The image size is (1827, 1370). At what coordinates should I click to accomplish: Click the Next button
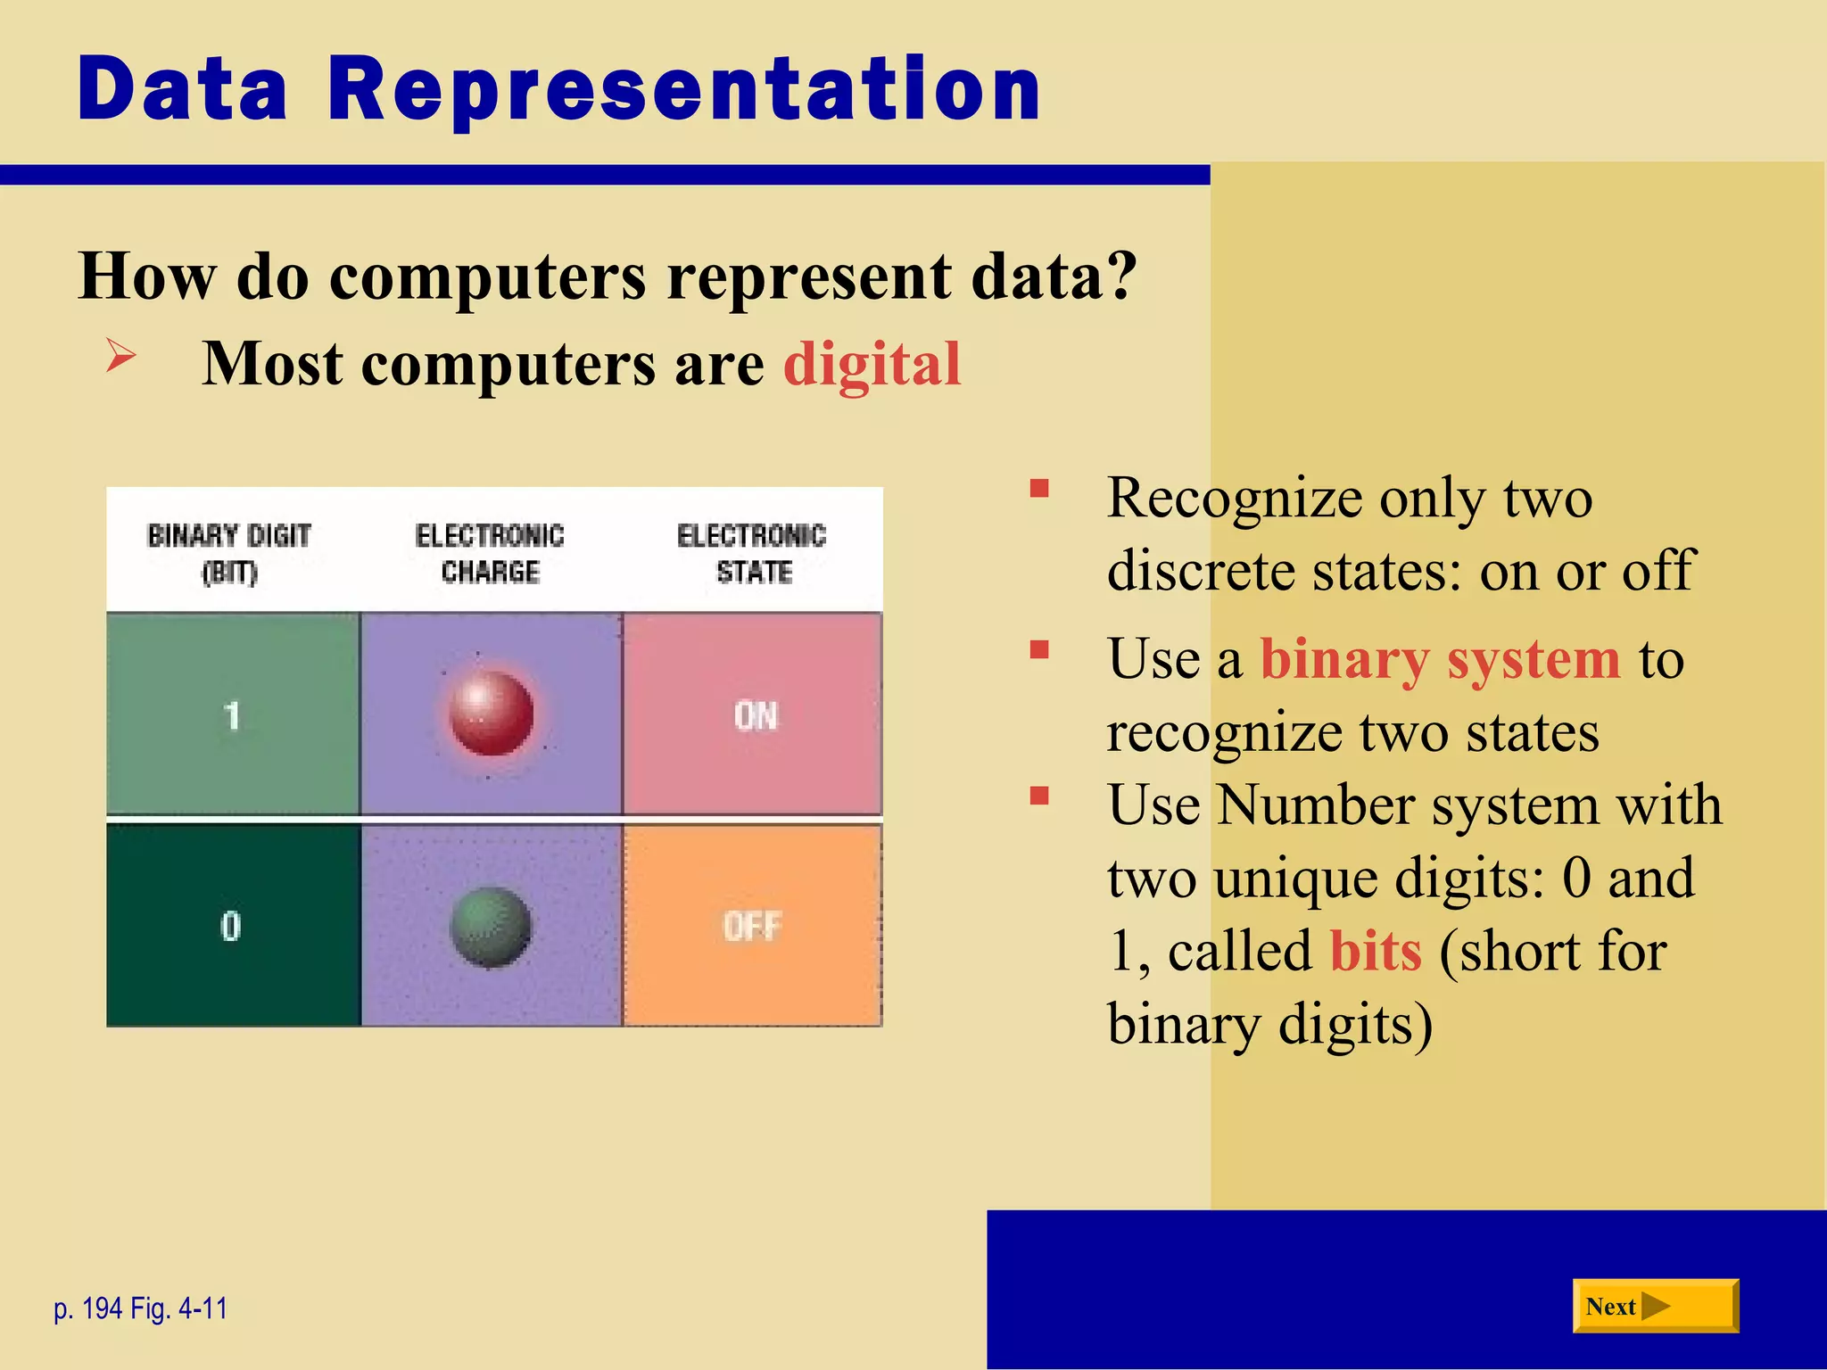[x=1654, y=1306]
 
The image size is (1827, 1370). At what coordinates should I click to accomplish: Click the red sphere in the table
[x=491, y=714]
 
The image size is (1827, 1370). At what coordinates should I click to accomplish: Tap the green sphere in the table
[x=491, y=928]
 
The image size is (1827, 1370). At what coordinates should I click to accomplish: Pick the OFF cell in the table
[x=752, y=926]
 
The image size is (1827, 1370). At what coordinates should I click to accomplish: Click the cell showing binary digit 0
[x=231, y=926]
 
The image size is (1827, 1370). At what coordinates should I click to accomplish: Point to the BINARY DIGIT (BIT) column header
[x=229, y=553]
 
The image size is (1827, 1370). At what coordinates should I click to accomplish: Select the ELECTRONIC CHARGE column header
[x=490, y=553]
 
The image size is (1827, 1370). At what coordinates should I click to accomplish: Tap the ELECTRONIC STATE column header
[x=752, y=553]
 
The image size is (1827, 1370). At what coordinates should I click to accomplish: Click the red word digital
[x=872, y=364]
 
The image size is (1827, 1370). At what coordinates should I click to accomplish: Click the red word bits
[x=1375, y=951]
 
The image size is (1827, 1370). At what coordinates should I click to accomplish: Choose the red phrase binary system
[x=1439, y=660]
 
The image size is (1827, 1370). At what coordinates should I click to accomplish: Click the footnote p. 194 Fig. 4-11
[x=141, y=1308]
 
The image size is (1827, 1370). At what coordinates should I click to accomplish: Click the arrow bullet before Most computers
[x=120, y=356]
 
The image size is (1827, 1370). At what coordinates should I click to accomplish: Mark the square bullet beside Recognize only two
[x=1038, y=489]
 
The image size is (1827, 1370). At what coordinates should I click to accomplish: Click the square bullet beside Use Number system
[x=1038, y=795]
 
